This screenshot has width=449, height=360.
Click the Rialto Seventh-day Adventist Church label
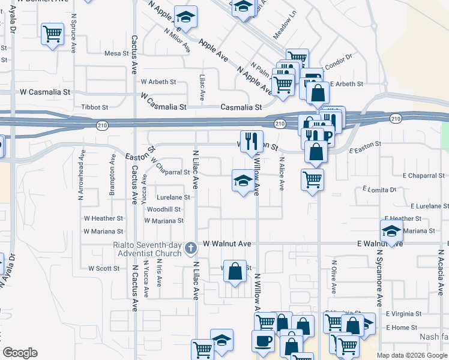coord(147,248)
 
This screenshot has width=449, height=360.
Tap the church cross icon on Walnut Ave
coord(190,247)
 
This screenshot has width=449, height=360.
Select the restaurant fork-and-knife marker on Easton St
coord(252,142)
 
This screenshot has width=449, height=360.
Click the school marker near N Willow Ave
coord(242,181)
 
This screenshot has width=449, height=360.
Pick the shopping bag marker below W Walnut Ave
coord(235,272)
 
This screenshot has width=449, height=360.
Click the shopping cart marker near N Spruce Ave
coord(53,34)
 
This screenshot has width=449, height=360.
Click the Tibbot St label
coord(94,107)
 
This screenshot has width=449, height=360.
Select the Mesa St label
coord(113,53)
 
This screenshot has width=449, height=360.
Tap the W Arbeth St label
coord(158,82)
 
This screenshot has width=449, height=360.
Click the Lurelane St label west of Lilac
coord(173,197)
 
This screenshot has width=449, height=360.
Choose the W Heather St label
coord(103,218)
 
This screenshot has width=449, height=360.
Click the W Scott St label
coord(104,268)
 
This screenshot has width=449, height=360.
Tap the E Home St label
coord(402,327)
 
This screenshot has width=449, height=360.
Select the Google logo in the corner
coord(20,353)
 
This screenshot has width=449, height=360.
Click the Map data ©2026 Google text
coord(412,355)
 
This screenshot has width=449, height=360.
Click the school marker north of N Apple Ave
coord(185,19)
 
